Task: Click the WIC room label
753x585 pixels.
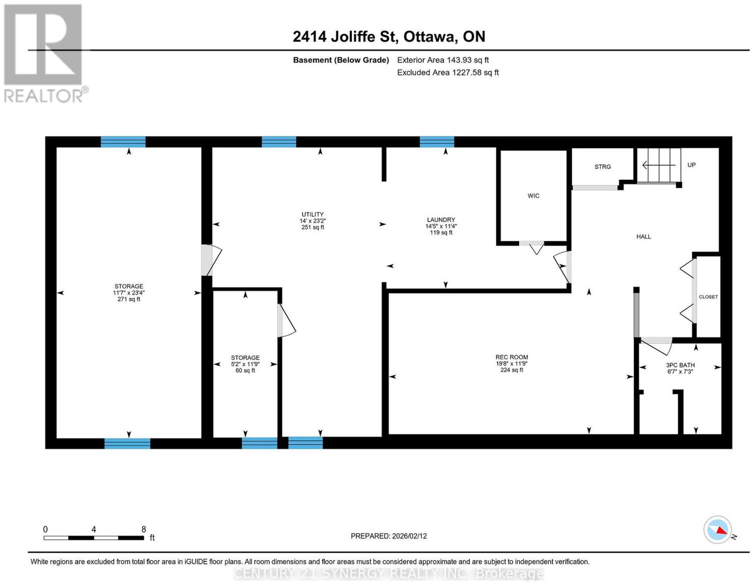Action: tap(533, 196)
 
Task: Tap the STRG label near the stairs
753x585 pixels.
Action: tap(602, 167)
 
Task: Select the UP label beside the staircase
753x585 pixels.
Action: tap(691, 165)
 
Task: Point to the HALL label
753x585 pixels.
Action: tap(643, 237)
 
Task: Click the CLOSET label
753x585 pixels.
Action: tap(708, 297)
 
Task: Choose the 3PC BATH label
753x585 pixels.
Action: tap(680, 365)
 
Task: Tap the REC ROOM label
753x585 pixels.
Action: tap(512, 357)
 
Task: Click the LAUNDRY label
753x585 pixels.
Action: tap(441, 220)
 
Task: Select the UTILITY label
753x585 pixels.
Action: tap(312, 215)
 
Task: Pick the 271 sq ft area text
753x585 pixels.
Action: tap(128, 299)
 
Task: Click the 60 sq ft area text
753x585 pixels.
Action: tap(245, 370)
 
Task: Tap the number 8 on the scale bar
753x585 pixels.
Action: tap(144, 529)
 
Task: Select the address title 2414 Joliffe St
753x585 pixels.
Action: tap(344, 36)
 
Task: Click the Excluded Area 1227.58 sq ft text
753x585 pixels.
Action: tap(448, 72)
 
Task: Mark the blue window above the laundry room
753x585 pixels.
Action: tap(437, 142)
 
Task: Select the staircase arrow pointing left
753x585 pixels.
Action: tap(658, 165)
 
